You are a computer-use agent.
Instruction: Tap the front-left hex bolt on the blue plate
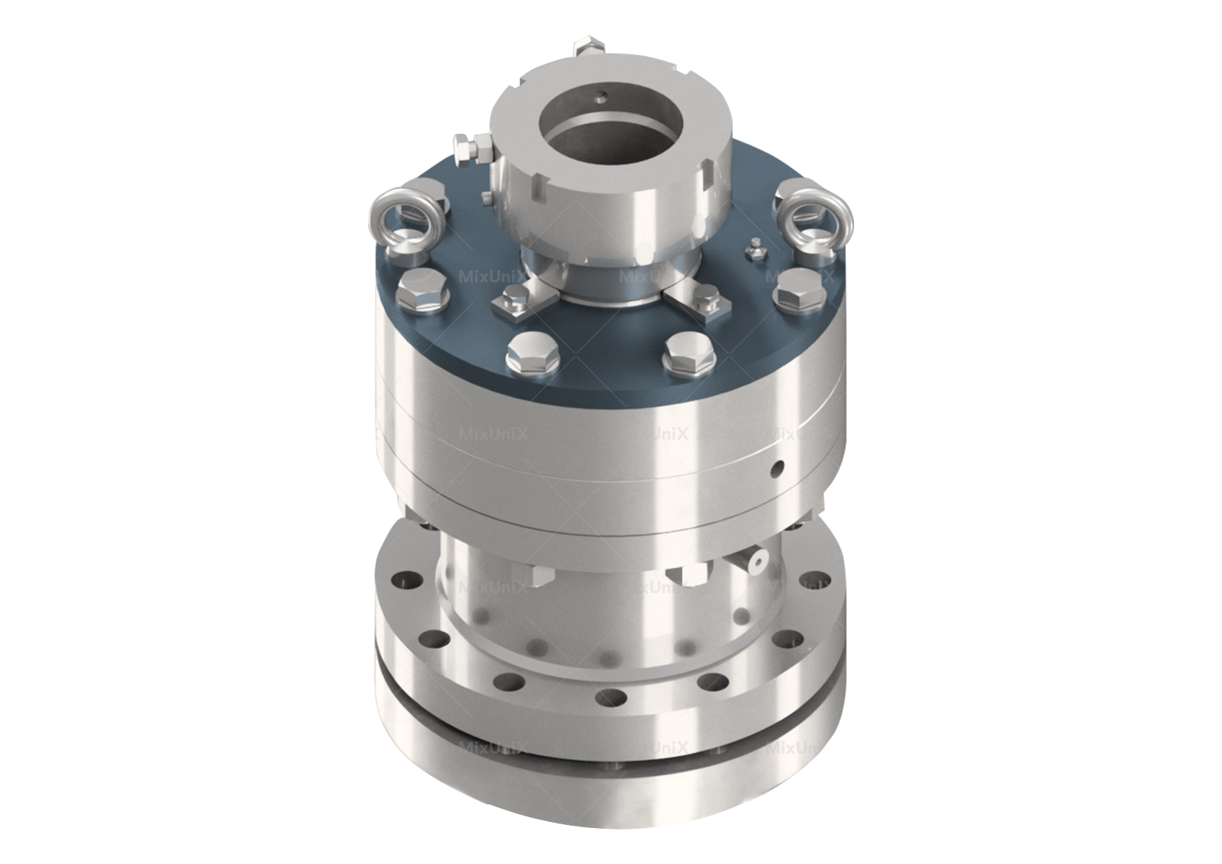coord(535,353)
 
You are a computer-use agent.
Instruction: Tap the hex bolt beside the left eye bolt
coord(422,289)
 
